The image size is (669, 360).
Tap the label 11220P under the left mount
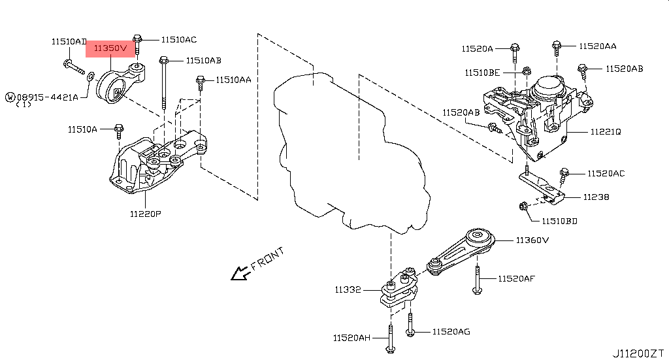click(x=145, y=214)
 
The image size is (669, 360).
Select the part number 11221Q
click(x=606, y=132)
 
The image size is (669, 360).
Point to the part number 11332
click(x=348, y=289)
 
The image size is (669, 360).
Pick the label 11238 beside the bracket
click(x=596, y=197)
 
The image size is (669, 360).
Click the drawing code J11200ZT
click(x=638, y=353)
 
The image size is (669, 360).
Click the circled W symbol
click(x=10, y=97)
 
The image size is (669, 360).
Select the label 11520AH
click(x=351, y=338)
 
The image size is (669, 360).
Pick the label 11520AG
click(x=451, y=332)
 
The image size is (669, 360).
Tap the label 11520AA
click(x=597, y=46)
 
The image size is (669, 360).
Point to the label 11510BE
click(x=483, y=73)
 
